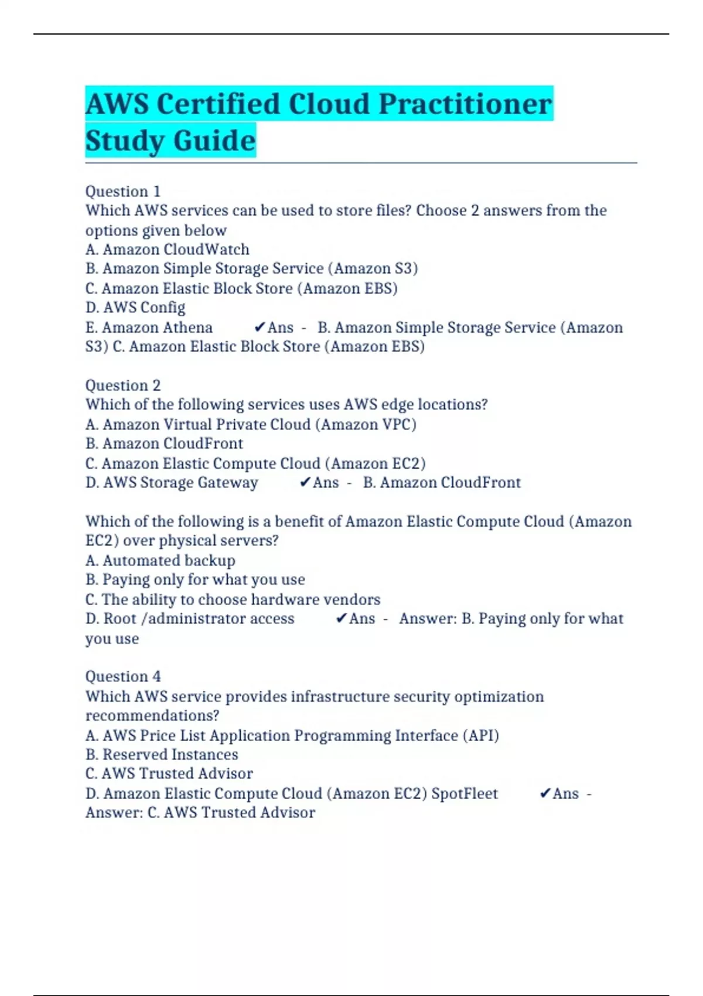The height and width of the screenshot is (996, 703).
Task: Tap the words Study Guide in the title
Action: pyautogui.click(x=170, y=141)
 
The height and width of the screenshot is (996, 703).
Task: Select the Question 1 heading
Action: pyautogui.click(x=122, y=192)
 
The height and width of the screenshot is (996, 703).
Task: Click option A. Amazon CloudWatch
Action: pyautogui.click(x=167, y=250)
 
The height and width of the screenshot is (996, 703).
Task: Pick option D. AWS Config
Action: pyautogui.click(x=135, y=308)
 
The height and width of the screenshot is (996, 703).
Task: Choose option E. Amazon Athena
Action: pyautogui.click(x=149, y=328)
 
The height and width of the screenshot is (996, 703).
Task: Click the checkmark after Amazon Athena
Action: pyautogui.click(x=260, y=327)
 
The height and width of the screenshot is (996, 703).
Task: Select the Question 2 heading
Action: pyautogui.click(x=122, y=386)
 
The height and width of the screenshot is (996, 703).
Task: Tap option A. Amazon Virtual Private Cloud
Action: pyautogui.click(x=251, y=424)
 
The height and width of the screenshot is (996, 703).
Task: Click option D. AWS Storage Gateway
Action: pyautogui.click(x=172, y=483)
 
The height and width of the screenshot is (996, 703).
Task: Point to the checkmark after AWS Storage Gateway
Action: pyautogui.click(x=305, y=482)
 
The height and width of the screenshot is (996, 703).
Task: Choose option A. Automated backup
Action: pyautogui.click(x=160, y=561)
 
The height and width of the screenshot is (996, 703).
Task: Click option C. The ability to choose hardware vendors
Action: pyautogui.click(x=233, y=599)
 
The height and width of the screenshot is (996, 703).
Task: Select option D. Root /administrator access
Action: pyautogui.click(x=190, y=619)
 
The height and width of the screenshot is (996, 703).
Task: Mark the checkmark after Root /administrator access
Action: pyautogui.click(x=341, y=618)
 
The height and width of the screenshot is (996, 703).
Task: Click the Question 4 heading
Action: pyautogui.click(x=122, y=677)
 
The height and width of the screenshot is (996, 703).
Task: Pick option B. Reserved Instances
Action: pyautogui.click(x=162, y=755)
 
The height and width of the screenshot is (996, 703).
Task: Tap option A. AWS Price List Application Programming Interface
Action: pyautogui.click(x=292, y=735)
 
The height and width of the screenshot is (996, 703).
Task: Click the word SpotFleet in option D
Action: pyautogui.click(x=464, y=793)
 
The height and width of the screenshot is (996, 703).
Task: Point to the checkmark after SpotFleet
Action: pyautogui.click(x=545, y=793)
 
